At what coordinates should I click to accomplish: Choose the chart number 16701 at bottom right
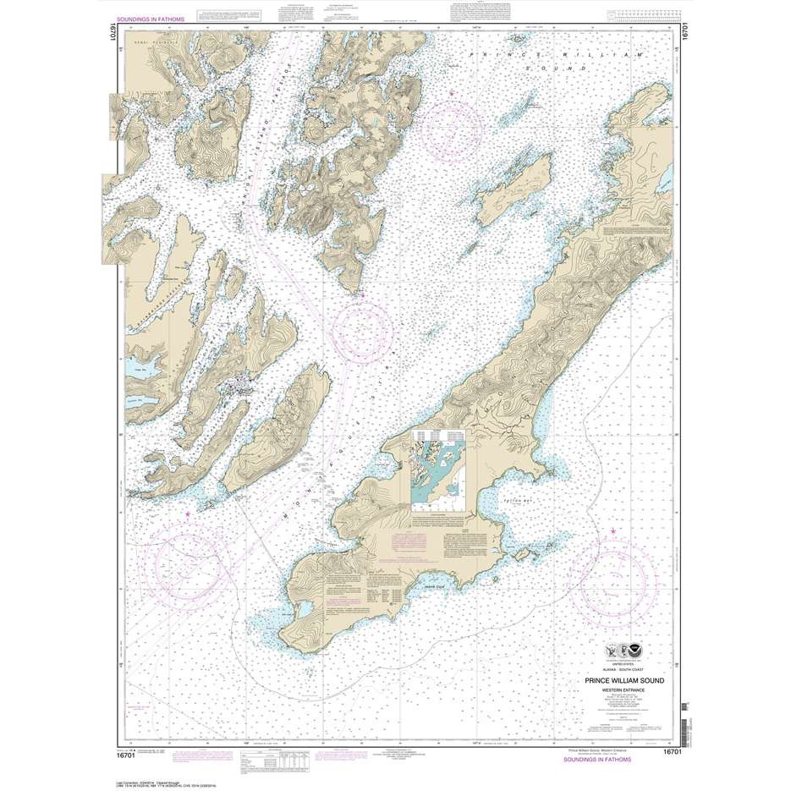click(672, 751)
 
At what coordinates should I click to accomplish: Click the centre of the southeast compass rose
click(609, 584)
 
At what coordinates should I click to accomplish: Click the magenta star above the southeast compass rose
click(611, 530)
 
